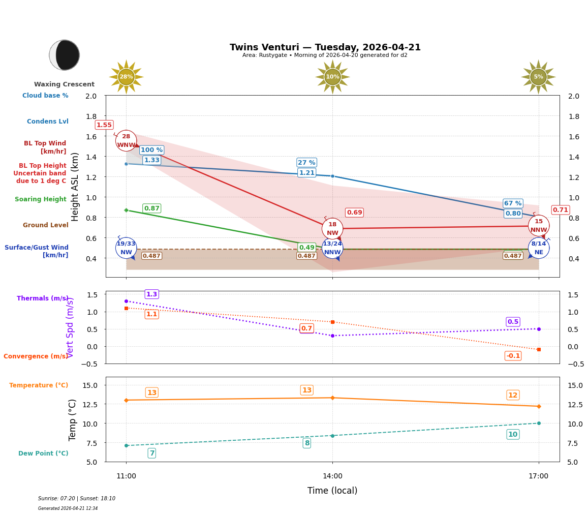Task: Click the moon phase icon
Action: coord(65,55)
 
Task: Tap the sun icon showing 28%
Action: coord(126,77)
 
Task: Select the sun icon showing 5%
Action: coord(538,77)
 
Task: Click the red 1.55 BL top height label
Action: coord(104,125)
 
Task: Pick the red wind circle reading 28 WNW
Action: coord(126,141)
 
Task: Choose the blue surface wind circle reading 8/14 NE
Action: coord(538,248)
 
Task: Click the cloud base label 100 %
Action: coord(151,150)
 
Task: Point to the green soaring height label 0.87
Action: coord(151,208)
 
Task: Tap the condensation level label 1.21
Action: coord(306,173)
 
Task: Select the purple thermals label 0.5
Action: coord(513,322)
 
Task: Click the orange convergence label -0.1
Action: coord(513,356)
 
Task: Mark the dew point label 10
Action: coord(513,434)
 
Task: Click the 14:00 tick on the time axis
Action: coord(332,476)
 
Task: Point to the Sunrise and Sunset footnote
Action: coord(77,499)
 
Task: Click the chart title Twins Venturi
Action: coord(325,47)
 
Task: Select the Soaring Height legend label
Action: coord(41,199)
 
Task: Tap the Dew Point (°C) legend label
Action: coord(43,453)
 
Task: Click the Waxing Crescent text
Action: coord(64,84)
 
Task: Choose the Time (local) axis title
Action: coord(332,491)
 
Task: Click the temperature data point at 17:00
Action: coord(538,406)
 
